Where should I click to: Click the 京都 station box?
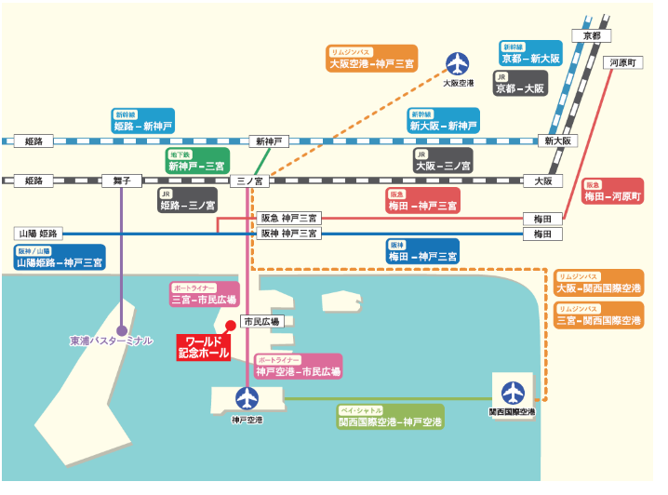tap(592, 35)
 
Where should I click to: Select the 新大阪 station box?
tap(561, 140)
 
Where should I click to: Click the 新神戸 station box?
tap(269, 141)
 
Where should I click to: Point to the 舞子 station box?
tap(122, 181)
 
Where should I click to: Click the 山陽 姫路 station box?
tap(37, 234)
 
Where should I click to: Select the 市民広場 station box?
tap(261, 321)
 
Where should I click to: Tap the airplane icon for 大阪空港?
tap(458, 63)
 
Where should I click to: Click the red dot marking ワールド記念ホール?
tap(229, 325)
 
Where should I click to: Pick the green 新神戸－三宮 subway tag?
tap(196, 161)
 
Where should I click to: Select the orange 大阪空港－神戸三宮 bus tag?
tap(371, 60)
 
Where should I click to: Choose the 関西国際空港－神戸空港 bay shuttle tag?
tap(390, 416)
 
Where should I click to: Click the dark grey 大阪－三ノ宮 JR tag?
tap(443, 161)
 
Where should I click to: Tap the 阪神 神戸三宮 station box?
tap(288, 234)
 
